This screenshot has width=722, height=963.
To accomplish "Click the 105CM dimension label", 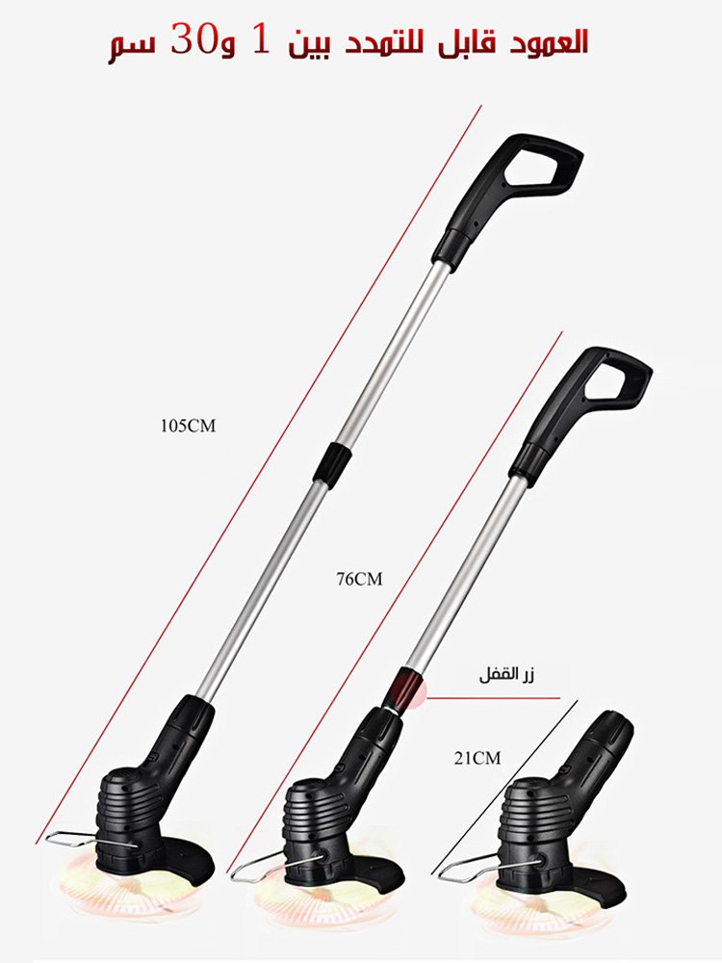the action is coord(189,426).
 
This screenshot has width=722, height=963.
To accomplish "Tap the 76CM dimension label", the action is coord(359,579).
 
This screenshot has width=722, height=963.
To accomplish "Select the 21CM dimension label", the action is coord(477,758).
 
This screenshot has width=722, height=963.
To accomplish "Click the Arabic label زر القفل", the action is coord(507,676).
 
